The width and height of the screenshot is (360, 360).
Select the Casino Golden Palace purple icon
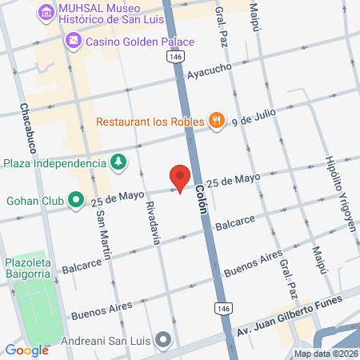click(73, 39)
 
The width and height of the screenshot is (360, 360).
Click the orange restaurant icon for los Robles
click(216, 122)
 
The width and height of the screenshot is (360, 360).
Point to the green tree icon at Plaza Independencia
click(118, 162)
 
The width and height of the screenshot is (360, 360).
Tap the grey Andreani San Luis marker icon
click(163, 340)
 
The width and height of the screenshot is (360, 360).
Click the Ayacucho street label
click(209, 71)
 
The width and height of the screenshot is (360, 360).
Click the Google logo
click(26, 349)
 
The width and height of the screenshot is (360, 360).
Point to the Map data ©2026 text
click(325, 354)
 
